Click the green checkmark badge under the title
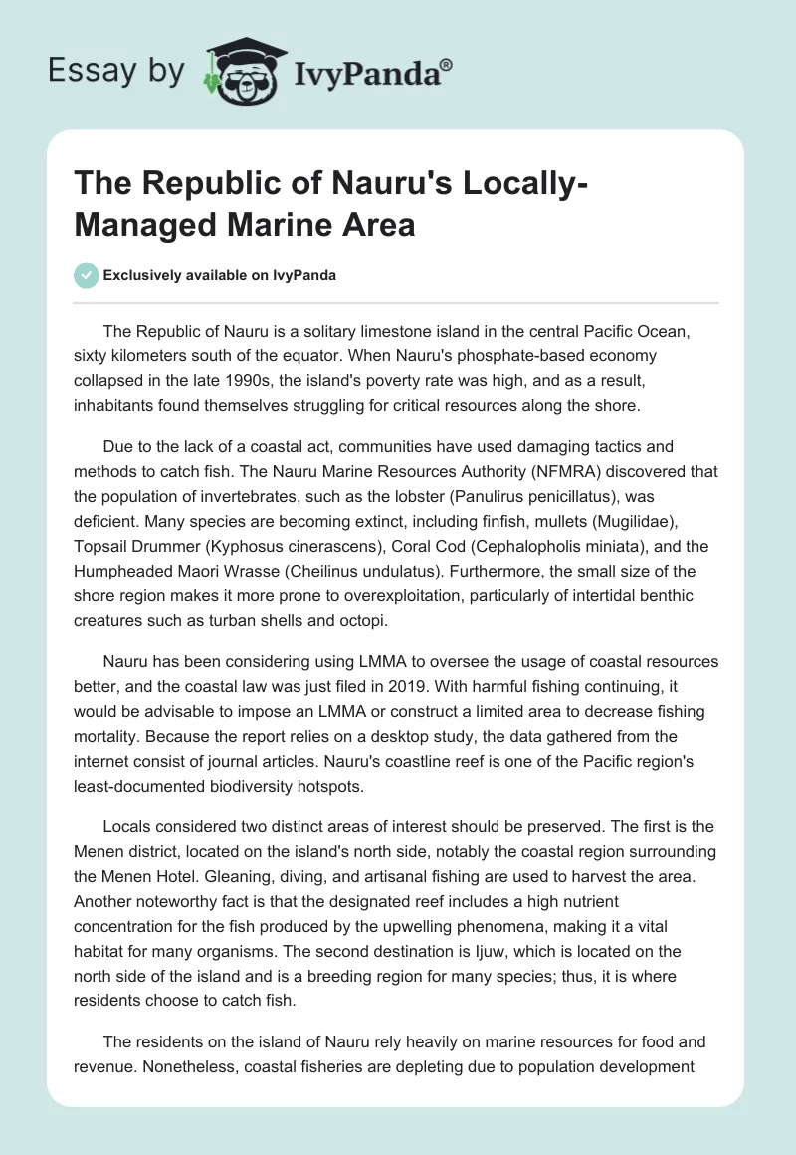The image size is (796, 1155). (x=87, y=275)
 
